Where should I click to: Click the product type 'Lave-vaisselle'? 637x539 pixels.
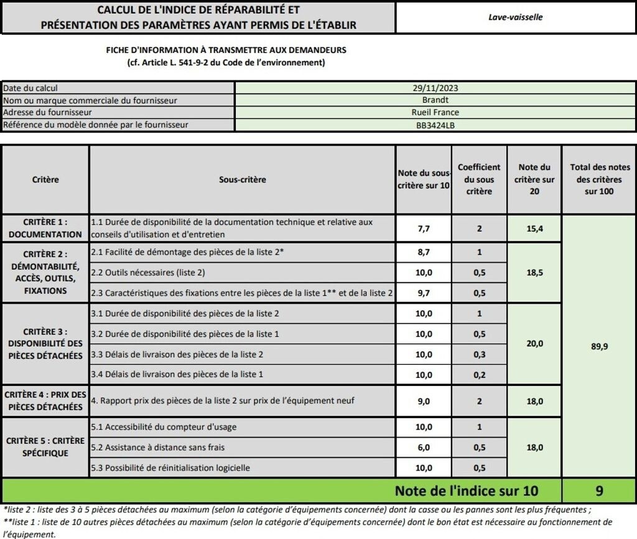[x=515, y=17]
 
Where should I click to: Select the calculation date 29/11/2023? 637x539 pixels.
[x=435, y=88]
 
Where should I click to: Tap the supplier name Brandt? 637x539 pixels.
[x=435, y=100]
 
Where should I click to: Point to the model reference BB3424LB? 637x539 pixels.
[x=435, y=125]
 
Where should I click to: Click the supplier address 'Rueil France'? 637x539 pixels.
[x=435, y=113]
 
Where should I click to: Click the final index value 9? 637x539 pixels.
[x=599, y=491]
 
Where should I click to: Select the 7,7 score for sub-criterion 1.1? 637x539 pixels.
[x=424, y=229]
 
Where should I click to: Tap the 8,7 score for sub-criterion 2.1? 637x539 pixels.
[x=424, y=253]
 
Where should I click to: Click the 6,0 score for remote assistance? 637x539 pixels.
[x=424, y=448]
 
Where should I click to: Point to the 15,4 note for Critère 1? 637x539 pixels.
[x=534, y=229]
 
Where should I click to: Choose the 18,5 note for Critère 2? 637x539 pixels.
[x=534, y=273]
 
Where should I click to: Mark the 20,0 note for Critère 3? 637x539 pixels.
[x=534, y=344]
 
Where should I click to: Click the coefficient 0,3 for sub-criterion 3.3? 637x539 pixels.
[x=479, y=355]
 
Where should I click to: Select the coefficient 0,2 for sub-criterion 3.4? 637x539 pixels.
[x=479, y=375]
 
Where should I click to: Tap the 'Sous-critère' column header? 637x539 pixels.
[x=242, y=180]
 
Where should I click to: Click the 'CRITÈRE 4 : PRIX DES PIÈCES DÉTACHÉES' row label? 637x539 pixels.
[x=45, y=401]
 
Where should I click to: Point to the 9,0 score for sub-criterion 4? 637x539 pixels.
[x=424, y=401]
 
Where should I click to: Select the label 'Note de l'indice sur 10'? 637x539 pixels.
[x=466, y=491]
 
